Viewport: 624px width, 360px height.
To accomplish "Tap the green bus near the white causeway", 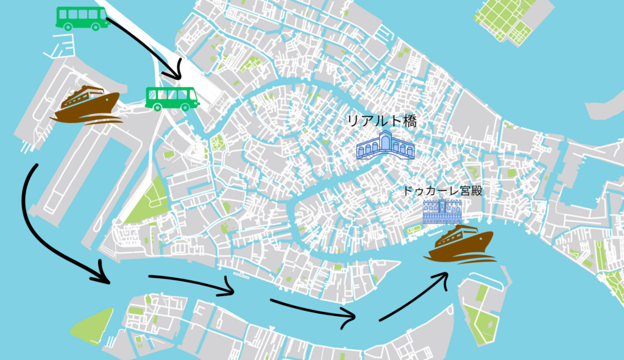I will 172,98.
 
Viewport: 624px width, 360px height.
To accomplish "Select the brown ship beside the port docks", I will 85,104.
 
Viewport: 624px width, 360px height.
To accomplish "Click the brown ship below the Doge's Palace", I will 461,243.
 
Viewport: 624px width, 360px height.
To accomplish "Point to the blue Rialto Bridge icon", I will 385,146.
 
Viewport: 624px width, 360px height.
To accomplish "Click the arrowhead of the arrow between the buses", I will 177,74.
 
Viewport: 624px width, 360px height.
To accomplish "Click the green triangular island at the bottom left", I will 92,325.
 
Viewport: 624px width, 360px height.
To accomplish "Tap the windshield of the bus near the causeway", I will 194,97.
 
